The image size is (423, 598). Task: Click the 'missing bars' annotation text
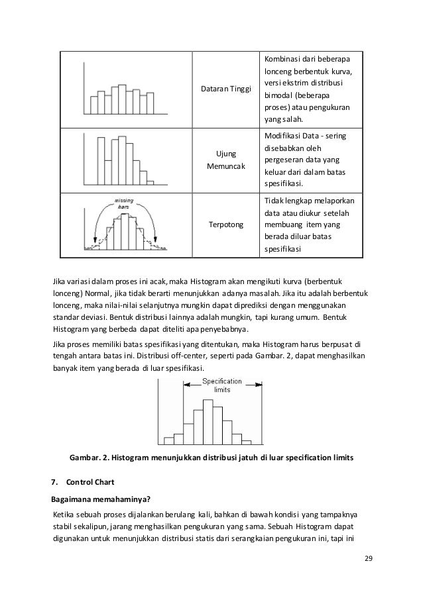(123, 203)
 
